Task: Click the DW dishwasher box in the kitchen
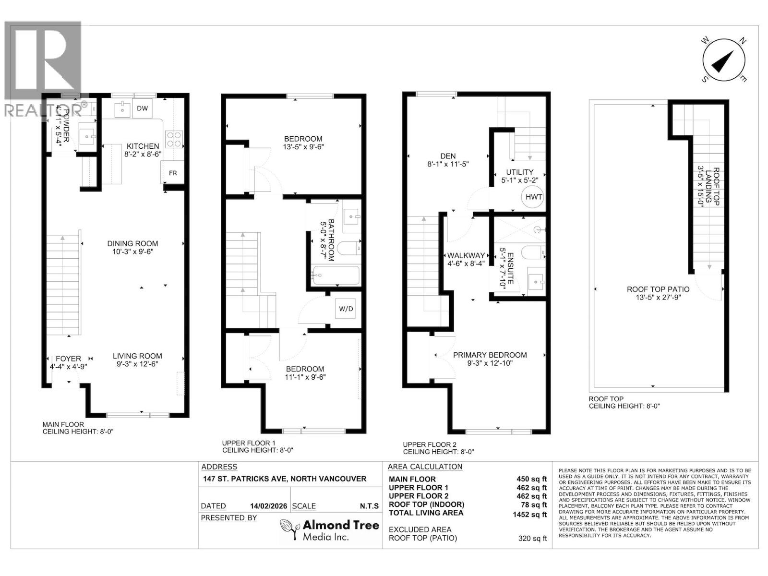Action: point(142,108)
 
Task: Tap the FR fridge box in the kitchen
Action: point(173,173)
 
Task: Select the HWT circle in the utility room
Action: point(533,197)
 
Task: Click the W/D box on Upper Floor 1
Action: point(346,309)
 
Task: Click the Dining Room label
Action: point(132,244)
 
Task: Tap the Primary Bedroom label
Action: point(490,355)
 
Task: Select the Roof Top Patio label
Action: point(658,289)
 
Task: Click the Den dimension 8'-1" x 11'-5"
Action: point(448,164)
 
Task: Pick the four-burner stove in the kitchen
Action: point(173,139)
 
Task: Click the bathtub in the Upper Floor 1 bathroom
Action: point(335,276)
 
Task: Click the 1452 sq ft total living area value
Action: point(529,515)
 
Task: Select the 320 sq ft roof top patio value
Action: point(532,539)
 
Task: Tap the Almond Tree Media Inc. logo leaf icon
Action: point(289,529)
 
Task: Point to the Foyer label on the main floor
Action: point(68,359)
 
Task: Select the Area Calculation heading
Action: point(425,467)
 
